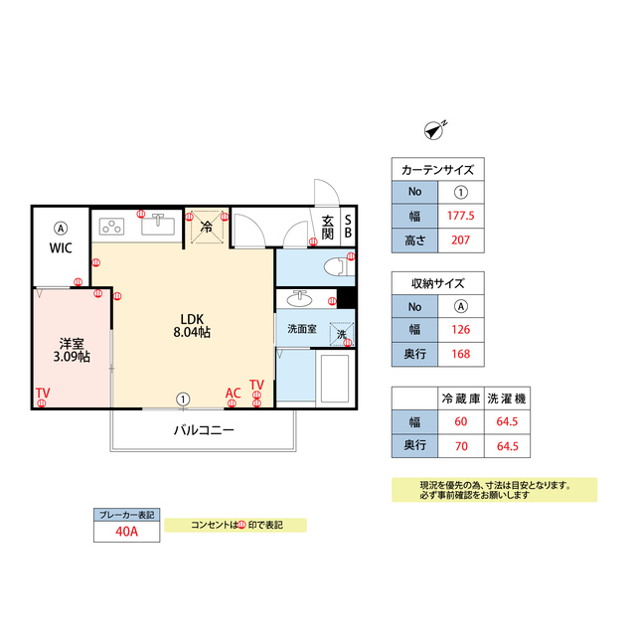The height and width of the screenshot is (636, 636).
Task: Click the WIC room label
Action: click(x=60, y=248)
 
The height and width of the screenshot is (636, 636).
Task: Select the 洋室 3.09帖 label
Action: click(x=73, y=349)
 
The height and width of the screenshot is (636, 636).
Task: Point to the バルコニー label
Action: click(x=204, y=430)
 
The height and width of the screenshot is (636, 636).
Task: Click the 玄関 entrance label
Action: click(x=328, y=227)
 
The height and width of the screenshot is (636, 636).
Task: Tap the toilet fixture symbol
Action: click(x=336, y=266)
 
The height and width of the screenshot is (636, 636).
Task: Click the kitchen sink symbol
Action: click(x=159, y=226)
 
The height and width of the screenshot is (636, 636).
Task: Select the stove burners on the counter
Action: click(x=111, y=226)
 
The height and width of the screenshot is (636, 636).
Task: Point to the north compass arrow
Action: click(x=434, y=127)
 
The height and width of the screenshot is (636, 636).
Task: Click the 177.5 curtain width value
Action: click(x=460, y=215)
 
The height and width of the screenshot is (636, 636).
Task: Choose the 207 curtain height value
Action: click(x=460, y=238)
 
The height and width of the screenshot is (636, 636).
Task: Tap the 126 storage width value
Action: click(x=460, y=330)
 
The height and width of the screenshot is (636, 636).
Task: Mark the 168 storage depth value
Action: click(x=460, y=354)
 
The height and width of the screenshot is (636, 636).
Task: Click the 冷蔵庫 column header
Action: click(x=460, y=398)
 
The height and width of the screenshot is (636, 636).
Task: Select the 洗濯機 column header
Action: click(x=507, y=398)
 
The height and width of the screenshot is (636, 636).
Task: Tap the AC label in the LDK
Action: click(x=233, y=394)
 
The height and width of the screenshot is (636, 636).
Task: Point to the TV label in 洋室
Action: click(x=43, y=394)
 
